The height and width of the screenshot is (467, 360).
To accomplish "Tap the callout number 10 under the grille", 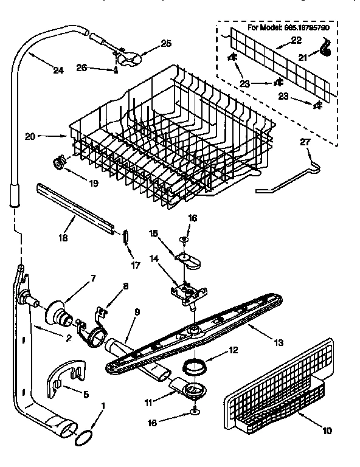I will (327, 432).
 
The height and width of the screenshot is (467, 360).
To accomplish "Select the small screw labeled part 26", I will (116, 68).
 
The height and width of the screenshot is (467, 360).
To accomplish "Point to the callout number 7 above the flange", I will (93, 278).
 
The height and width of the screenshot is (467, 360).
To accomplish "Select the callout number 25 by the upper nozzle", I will (166, 43).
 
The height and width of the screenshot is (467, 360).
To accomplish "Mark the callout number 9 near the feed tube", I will (137, 312).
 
